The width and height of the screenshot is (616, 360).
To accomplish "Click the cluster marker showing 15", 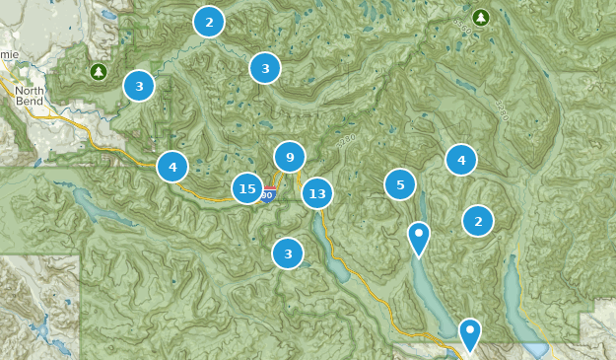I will click(x=247, y=188).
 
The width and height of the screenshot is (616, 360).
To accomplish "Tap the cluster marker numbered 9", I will click(x=290, y=157).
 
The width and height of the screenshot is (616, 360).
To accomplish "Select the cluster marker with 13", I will click(x=317, y=193).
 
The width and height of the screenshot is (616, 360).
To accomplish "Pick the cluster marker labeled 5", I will click(x=400, y=184).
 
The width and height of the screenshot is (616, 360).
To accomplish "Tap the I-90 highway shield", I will click(x=267, y=195).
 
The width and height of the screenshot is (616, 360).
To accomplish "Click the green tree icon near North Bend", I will click(x=99, y=72).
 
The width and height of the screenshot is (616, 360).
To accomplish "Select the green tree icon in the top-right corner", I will click(x=480, y=17).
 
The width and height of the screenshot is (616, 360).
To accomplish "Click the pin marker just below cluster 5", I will click(x=419, y=238).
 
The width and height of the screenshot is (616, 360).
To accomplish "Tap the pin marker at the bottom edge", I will click(x=471, y=333).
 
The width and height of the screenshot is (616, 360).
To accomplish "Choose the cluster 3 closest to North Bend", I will click(x=139, y=86).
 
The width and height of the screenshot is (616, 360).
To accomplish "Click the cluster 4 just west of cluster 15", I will click(x=172, y=167).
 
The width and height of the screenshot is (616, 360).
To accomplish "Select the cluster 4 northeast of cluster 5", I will click(x=460, y=159).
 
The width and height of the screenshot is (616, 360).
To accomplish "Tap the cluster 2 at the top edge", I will click(x=209, y=21).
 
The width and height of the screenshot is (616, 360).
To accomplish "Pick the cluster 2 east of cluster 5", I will click(x=478, y=221).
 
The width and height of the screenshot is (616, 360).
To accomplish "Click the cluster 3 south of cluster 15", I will click(x=288, y=253).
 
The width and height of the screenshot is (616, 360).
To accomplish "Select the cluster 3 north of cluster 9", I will click(x=265, y=68).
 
